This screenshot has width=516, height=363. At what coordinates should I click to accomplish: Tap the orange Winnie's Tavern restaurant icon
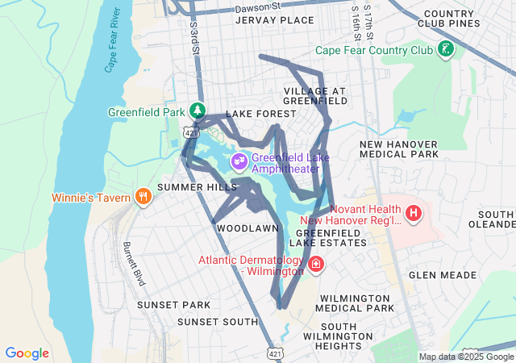click(x=144, y=197)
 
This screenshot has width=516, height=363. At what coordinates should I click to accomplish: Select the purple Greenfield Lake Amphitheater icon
click(x=239, y=161)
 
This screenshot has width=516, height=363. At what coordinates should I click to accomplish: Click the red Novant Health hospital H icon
click(x=414, y=214)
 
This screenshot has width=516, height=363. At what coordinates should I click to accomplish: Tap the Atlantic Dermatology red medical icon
click(x=316, y=264)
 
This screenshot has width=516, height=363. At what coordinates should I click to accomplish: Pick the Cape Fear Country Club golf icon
click(x=444, y=50)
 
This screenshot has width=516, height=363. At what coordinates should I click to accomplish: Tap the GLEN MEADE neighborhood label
click(x=443, y=275)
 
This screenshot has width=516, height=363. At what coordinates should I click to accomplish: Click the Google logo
click(x=27, y=353)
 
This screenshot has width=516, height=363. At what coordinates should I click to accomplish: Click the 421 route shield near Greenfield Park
click(x=188, y=131)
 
